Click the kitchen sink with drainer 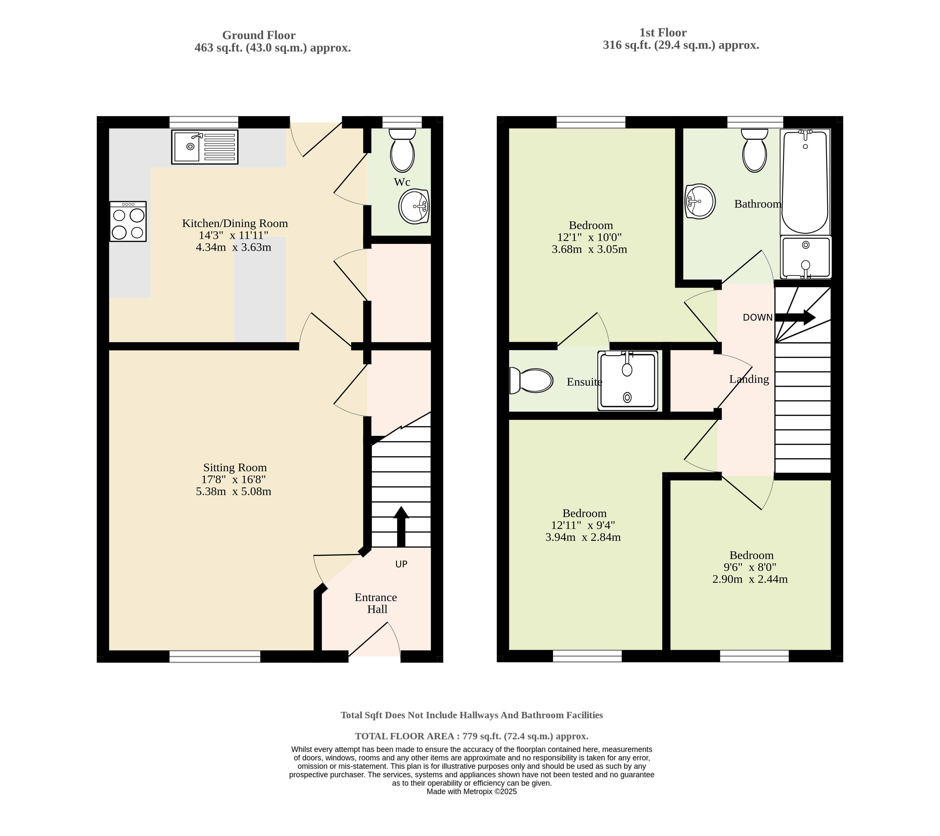click(x=205, y=147)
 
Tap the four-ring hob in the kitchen click(x=128, y=221)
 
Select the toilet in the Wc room click(x=402, y=150)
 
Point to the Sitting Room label click(x=235, y=468)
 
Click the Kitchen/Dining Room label click(x=235, y=224)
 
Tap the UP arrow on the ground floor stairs click(x=401, y=527)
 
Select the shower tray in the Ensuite click(x=628, y=380)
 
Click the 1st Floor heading click(x=663, y=33)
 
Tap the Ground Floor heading click(x=259, y=35)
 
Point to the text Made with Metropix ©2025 click(x=472, y=791)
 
